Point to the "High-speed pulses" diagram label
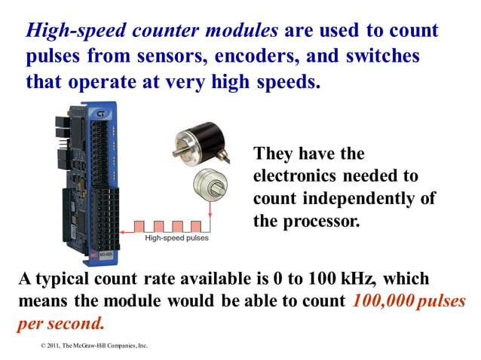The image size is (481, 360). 176,238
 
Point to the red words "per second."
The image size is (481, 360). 60,325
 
